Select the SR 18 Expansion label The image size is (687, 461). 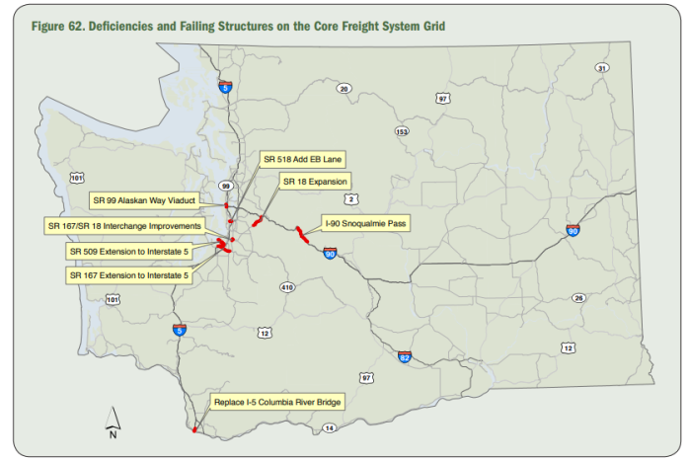pyautogui.click(x=312, y=182)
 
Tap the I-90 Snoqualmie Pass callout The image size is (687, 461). pyautogui.click(x=364, y=224)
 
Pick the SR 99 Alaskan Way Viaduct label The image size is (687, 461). pyautogui.click(x=144, y=200)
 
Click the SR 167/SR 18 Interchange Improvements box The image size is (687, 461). pyautogui.click(x=125, y=226)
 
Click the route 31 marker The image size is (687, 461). pyautogui.click(x=601, y=68)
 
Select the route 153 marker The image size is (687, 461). pyautogui.click(x=401, y=131)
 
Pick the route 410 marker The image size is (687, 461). pyautogui.click(x=287, y=287)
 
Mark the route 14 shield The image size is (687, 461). pyautogui.click(x=330, y=427)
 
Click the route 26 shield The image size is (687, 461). pyautogui.click(x=578, y=296)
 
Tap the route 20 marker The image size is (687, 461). pyautogui.click(x=343, y=89)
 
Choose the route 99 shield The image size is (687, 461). pyautogui.click(x=225, y=186)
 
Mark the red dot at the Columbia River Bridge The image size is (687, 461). pyautogui.click(x=195, y=429)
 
